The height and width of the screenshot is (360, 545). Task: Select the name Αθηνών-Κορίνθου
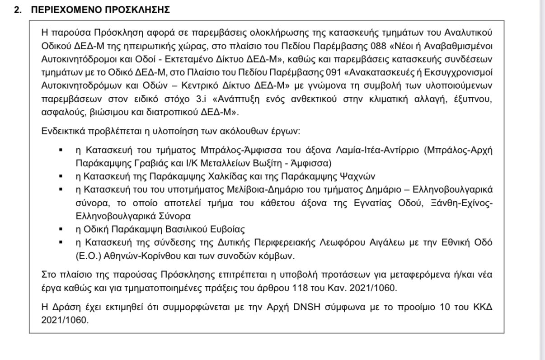133,256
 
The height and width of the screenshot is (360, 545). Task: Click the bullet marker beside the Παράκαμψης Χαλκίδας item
60,176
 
